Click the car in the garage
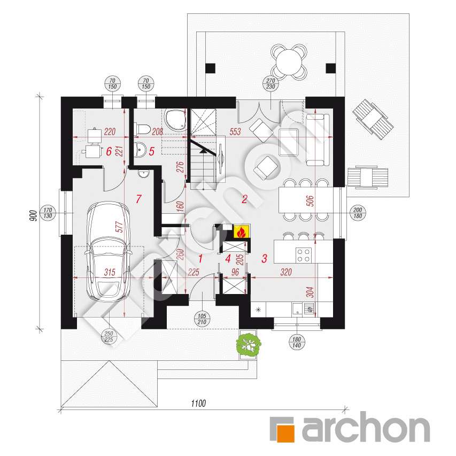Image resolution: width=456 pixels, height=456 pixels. tap(107, 251)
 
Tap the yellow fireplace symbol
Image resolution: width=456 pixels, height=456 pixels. tap(241, 232)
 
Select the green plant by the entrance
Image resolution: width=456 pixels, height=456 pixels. tap(248, 344)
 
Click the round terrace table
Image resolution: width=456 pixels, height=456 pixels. tap(289, 62)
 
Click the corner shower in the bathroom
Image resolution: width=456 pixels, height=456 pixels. tap(174, 119)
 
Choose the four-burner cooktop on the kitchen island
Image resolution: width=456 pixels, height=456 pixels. tap(304, 255)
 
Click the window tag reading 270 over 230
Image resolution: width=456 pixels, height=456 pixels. tap(270, 83)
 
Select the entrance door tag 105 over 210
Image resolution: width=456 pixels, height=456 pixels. tap(202, 319)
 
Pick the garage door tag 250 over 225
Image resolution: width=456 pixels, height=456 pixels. tap(109, 337)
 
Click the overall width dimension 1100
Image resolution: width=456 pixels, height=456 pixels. tap(198, 403)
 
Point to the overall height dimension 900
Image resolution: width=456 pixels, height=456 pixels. tap(33, 215)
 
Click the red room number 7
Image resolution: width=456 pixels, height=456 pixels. tap(138, 199)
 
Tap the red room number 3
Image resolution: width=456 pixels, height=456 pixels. tap(264, 258)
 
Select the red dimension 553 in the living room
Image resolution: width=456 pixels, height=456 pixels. tap(235, 132)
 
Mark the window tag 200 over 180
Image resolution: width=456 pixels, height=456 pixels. tap(358, 213)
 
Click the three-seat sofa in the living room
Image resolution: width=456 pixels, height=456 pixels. tap(318, 140)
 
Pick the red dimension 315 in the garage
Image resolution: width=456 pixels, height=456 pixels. tap(110, 272)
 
